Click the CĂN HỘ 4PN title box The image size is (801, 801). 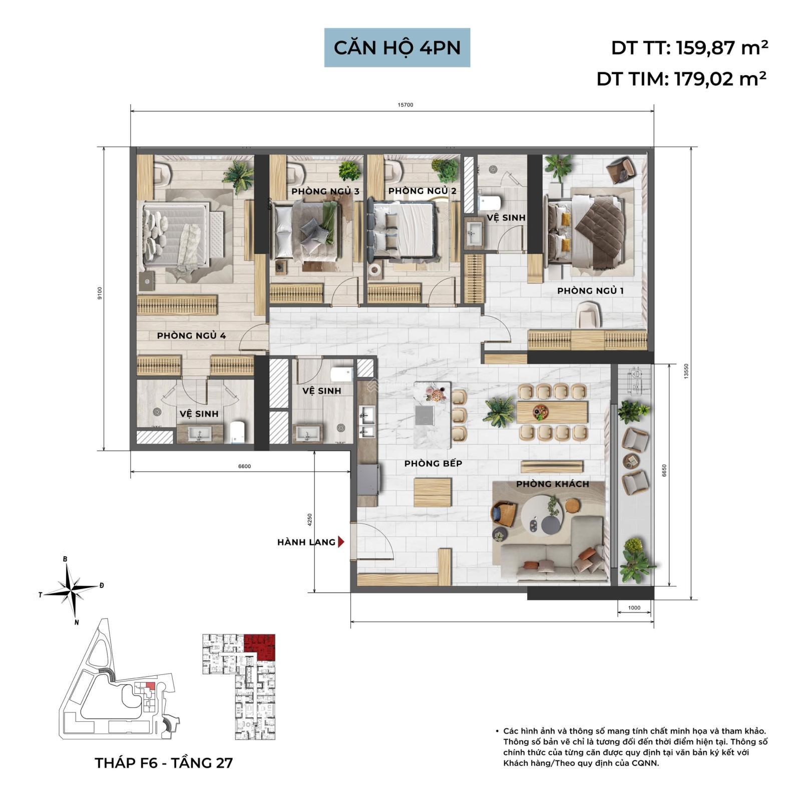pos(397,48)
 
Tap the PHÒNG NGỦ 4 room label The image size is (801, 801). pos(191,335)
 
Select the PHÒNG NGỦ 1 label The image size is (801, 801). pos(590,291)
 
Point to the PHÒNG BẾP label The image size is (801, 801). pos(433,464)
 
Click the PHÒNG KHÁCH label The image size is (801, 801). pos(553,484)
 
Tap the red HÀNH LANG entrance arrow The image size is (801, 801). pos(341,542)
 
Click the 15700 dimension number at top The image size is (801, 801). pos(406,105)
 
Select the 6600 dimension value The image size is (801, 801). pos(244,466)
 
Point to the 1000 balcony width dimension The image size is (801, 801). pos(634,608)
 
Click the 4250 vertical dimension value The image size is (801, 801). pos(310,519)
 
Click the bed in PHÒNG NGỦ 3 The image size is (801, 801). pos(307,230)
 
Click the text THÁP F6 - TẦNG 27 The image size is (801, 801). pos(164,762)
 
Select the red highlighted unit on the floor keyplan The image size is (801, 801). pos(260,646)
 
